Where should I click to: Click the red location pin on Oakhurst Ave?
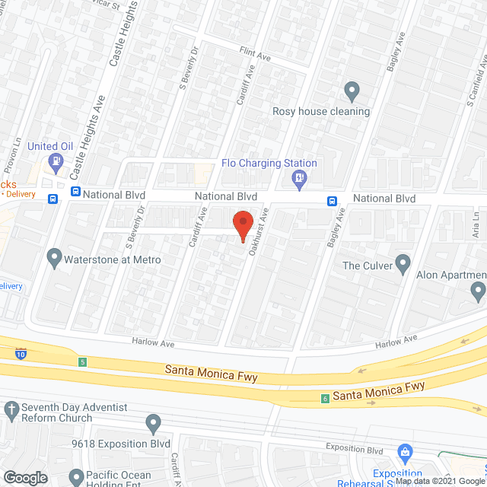[x=242, y=226]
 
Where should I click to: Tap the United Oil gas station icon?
[x=55, y=161]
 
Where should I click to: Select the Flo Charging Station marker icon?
[x=300, y=180]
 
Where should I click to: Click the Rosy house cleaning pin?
[x=352, y=91]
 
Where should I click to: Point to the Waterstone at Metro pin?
[x=54, y=258]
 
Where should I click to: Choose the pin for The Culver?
[x=403, y=265]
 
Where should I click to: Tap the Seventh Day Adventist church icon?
[x=11, y=411]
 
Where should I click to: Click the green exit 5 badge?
[x=81, y=361]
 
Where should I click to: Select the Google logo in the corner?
[x=25, y=477]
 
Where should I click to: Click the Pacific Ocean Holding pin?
[x=75, y=477]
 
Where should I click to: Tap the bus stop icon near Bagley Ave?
[x=333, y=201]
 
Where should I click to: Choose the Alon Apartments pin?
[x=478, y=290]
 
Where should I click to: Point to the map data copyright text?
[x=441, y=481]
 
